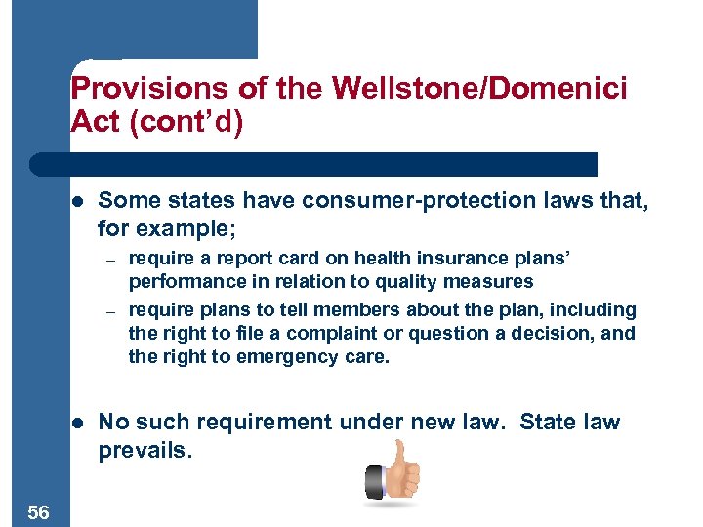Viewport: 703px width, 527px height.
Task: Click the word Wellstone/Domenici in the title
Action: click(479, 88)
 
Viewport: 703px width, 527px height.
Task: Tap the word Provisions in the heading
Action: click(137, 88)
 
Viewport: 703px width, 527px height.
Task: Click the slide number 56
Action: click(39, 511)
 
